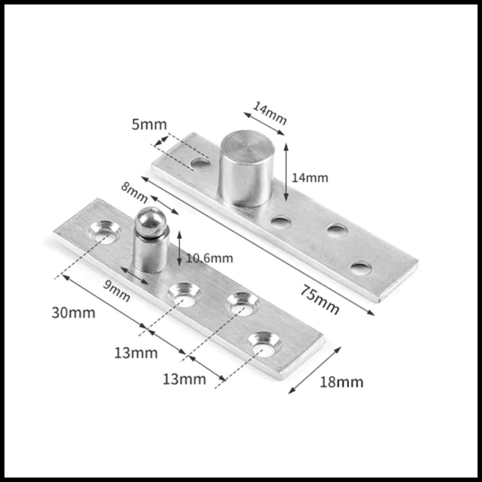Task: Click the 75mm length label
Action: point(320,299)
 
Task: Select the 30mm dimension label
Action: point(74,312)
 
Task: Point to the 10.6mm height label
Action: point(209,258)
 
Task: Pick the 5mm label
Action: point(149,124)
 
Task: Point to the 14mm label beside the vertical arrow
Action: point(310,178)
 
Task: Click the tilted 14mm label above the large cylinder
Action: point(270,113)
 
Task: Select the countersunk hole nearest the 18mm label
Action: point(265,345)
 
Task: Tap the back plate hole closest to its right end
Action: point(361,268)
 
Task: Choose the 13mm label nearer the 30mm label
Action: point(136,353)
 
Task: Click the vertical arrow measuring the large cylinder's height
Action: point(286,172)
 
